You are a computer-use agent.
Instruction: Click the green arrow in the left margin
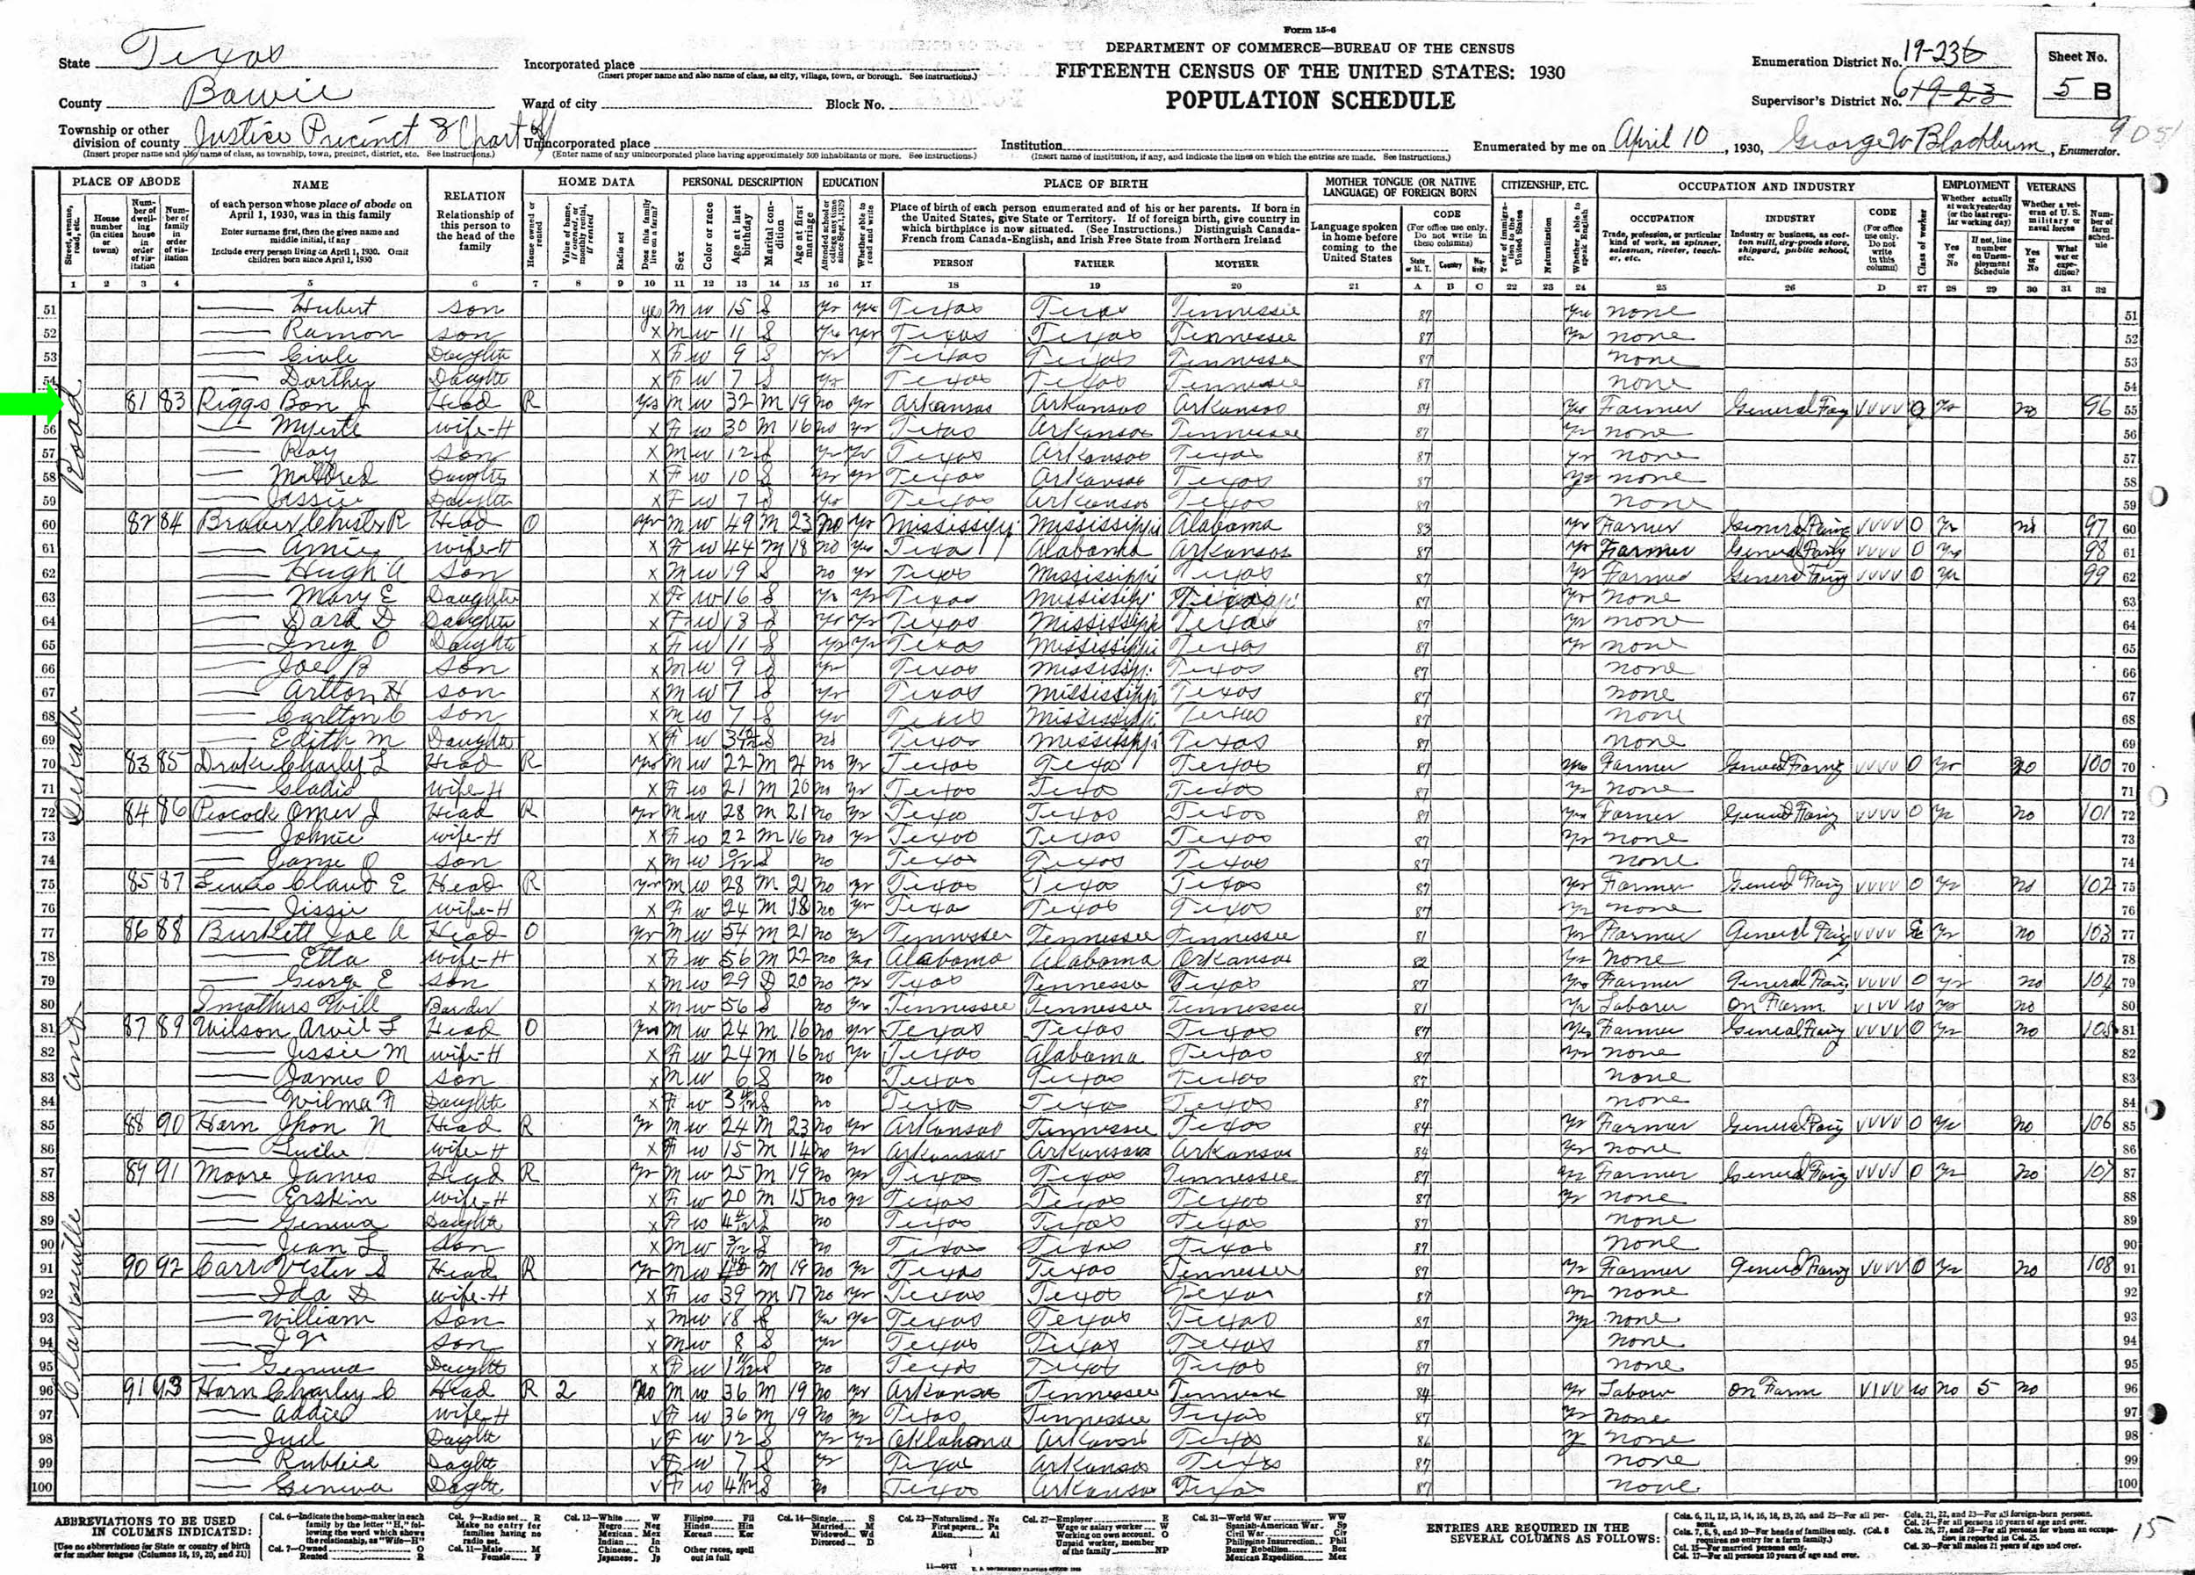tap(32, 407)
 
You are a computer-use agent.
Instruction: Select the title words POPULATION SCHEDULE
tap(1309, 101)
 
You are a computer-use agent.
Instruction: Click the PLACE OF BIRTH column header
tap(1095, 183)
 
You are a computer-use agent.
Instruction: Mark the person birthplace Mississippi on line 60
tap(947, 527)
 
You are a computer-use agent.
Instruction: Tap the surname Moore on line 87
tap(227, 1174)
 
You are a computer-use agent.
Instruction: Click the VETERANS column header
tap(2050, 186)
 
